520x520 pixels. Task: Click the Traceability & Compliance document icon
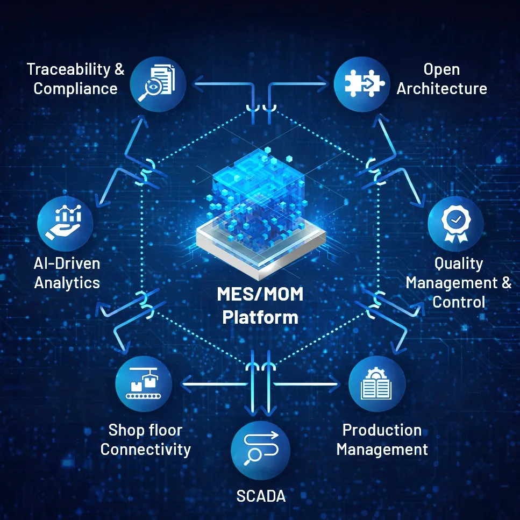point(158,84)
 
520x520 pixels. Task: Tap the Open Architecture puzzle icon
point(362,84)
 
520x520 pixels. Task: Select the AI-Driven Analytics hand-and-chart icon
point(65,224)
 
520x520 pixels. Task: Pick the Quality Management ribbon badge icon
point(455,224)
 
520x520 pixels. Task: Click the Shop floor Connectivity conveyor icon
point(144,384)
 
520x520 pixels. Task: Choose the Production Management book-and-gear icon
point(377,384)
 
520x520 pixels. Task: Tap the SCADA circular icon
point(261,450)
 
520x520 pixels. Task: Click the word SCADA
point(261,496)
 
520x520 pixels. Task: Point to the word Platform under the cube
point(260,317)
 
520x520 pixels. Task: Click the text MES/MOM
point(260,294)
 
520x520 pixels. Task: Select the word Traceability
point(68,69)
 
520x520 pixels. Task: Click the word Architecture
point(441,89)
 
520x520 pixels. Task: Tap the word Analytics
point(67,283)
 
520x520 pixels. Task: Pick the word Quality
point(459,264)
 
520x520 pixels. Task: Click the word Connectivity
point(146,450)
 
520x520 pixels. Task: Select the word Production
point(382,430)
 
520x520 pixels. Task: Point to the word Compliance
point(76,89)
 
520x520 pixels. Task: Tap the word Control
point(459,302)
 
